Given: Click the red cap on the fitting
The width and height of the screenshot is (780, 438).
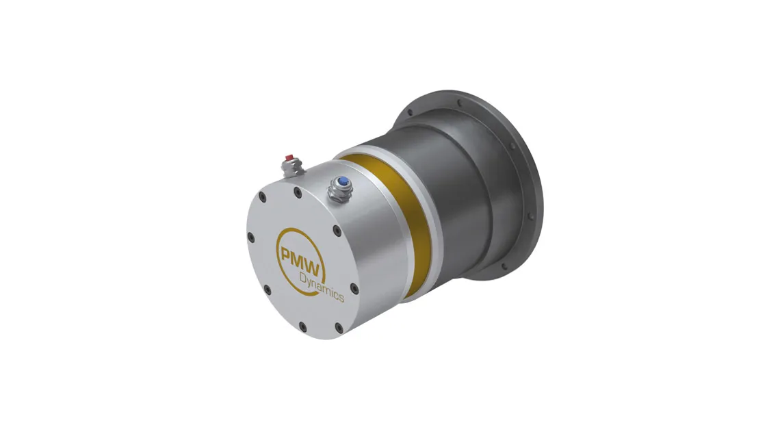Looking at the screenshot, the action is pos(287,158).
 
